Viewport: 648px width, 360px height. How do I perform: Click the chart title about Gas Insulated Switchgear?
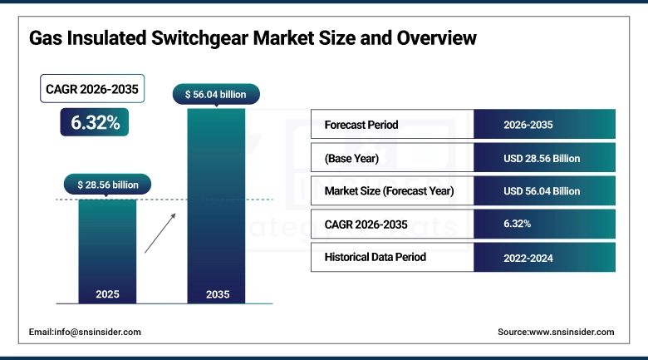[253, 38]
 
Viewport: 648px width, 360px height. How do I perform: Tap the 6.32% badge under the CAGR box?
[95, 123]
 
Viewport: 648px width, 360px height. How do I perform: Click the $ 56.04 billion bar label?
[215, 95]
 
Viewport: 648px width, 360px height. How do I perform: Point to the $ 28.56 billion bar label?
[107, 185]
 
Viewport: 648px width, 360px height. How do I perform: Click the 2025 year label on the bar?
[107, 294]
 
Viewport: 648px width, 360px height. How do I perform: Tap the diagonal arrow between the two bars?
[161, 233]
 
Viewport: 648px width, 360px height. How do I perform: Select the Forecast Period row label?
[361, 125]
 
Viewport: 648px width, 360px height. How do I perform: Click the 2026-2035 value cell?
[528, 125]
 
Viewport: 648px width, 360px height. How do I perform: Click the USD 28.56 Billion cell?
[542, 158]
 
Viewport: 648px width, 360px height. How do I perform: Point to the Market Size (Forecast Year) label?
[389, 191]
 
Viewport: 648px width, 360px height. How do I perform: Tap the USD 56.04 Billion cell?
[542, 191]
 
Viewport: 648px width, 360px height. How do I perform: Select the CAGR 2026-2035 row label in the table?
[367, 224]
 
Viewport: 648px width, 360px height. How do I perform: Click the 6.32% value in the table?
[517, 224]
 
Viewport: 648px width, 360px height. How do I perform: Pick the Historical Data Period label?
[375, 257]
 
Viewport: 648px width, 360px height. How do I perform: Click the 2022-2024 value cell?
[528, 258]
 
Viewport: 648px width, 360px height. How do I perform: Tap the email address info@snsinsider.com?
[85, 332]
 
